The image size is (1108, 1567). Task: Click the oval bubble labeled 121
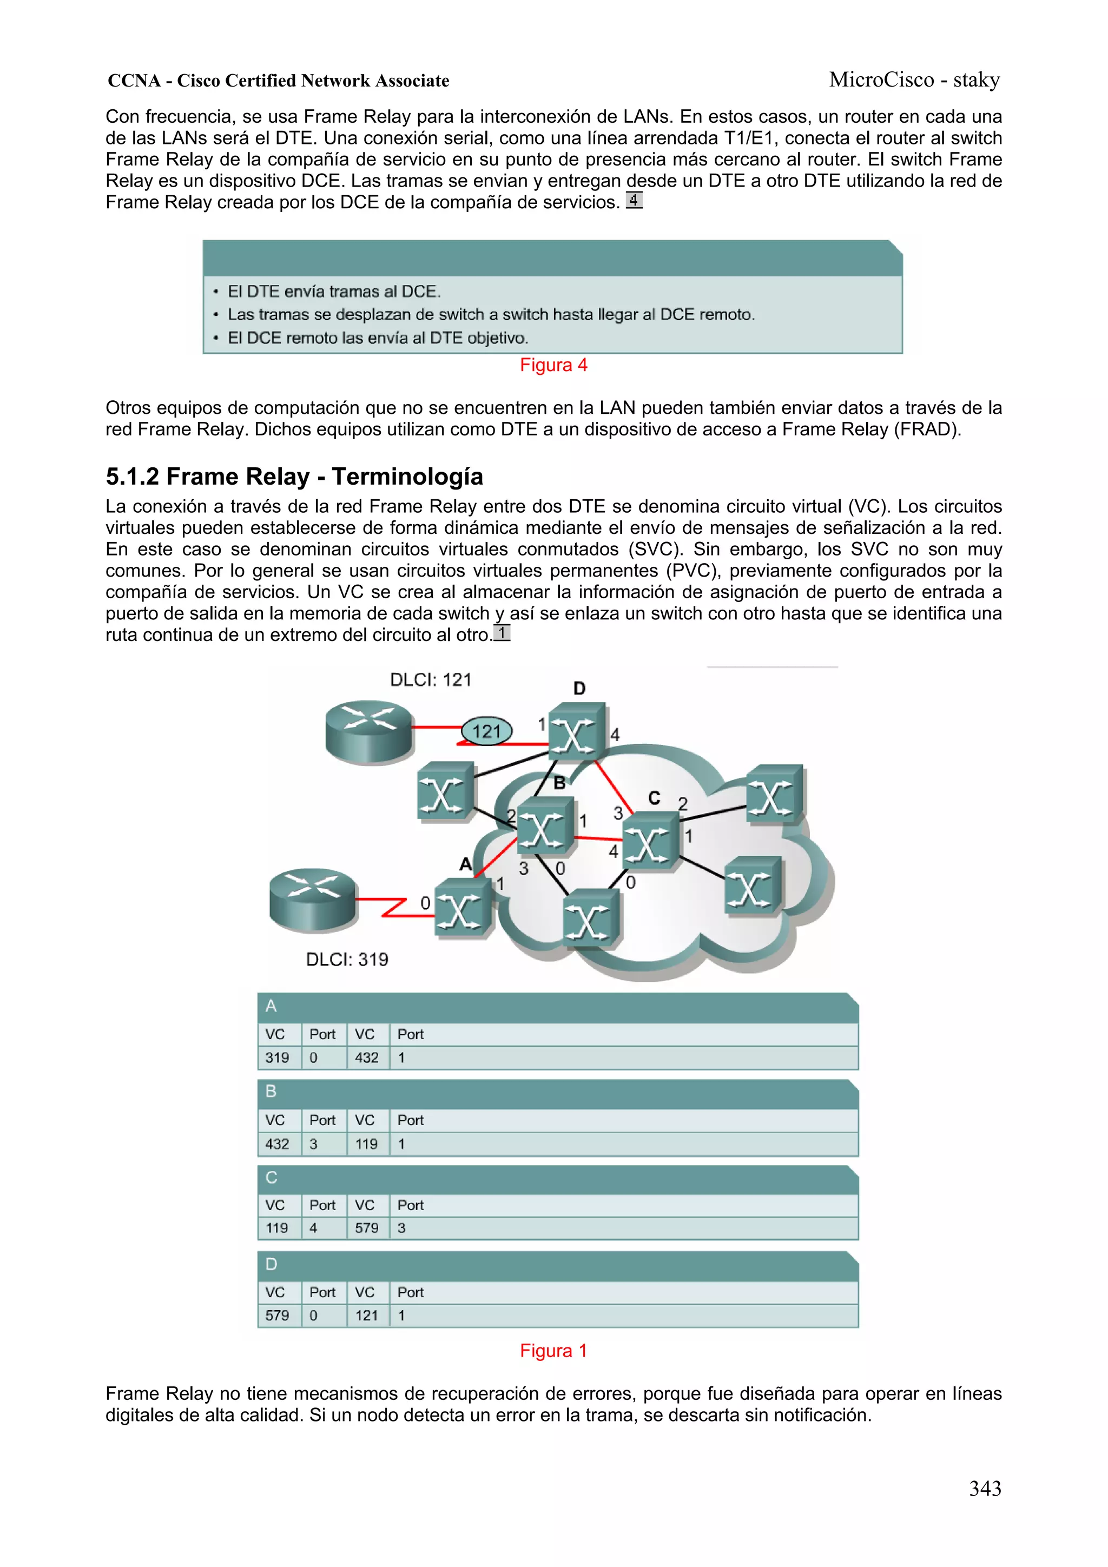(x=487, y=732)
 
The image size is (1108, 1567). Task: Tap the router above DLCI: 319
(x=313, y=900)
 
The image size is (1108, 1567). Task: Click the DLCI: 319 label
(x=347, y=960)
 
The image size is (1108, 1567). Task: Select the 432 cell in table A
(x=367, y=1058)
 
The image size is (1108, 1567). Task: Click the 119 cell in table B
(x=367, y=1144)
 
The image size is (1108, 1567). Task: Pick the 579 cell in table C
(x=367, y=1228)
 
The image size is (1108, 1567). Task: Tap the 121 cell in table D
(x=367, y=1315)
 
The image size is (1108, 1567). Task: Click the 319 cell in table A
(x=277, y=1058)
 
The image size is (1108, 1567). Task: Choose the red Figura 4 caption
(x=553, y=365)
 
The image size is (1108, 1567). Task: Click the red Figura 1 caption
(x=553, y=1351)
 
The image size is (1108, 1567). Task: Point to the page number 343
(x=985, y=1489)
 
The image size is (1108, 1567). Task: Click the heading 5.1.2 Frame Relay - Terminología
(x=294, y=477)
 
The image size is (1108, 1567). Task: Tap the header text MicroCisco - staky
(x=914, y=80)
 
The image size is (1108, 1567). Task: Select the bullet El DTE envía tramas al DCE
(x=334, y=292)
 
